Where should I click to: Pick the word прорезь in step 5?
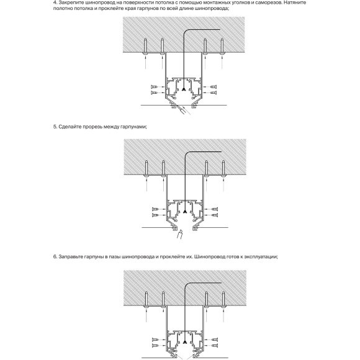(x=97, y=127)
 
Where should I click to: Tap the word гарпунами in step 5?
(x=135, y=127)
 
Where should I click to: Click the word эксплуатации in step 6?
(x=267, y=255)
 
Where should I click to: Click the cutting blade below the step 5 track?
(x=181, y=235)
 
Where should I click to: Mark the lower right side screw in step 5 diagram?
(x=213, y=217)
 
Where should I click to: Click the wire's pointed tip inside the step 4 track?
(x=184, y=91)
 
